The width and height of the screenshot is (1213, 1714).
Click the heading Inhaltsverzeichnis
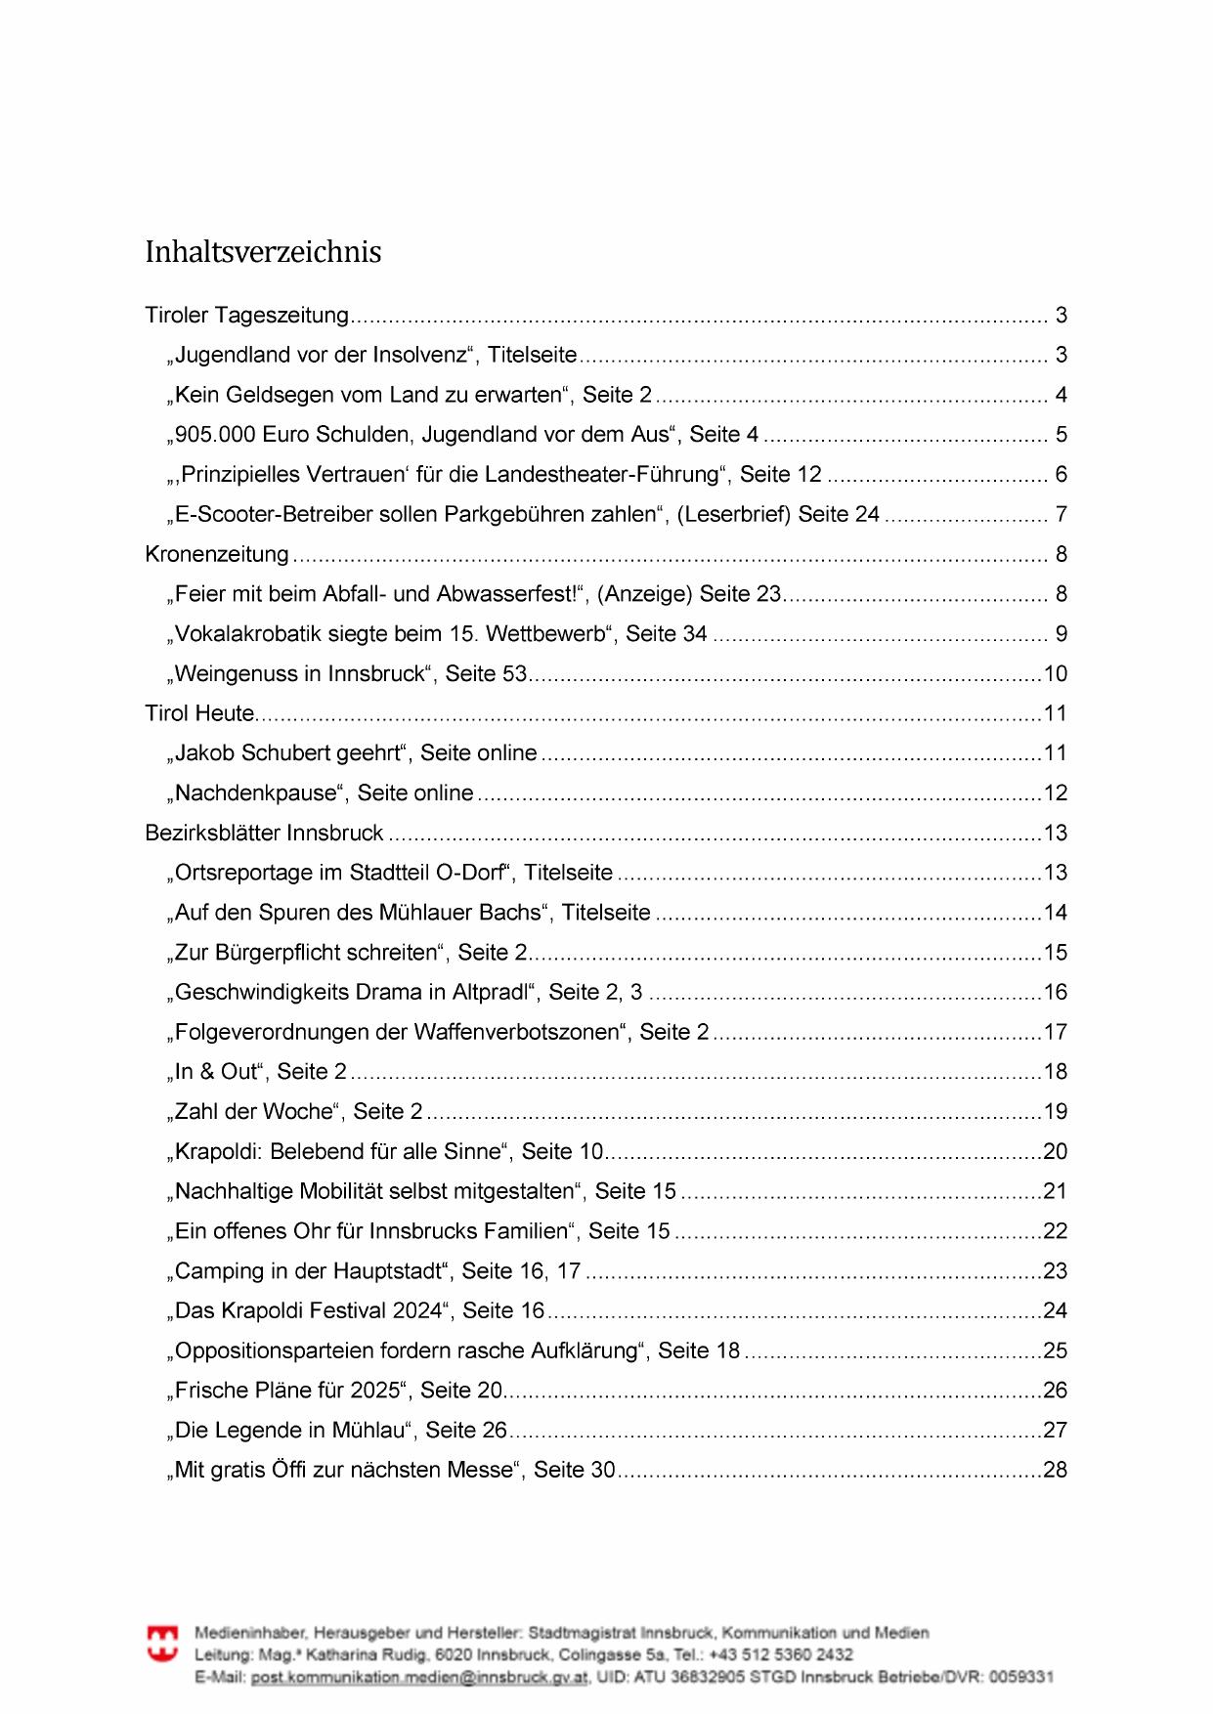tap(263, 252)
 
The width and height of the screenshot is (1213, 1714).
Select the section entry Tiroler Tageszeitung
tap(246, 316)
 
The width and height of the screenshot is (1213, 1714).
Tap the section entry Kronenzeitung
tap(217, 555)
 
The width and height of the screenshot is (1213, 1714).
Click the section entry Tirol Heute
tap(199, 714)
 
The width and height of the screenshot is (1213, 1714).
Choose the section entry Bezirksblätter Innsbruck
tap(264, 834)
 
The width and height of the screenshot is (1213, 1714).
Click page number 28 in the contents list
tap(1055, 1471)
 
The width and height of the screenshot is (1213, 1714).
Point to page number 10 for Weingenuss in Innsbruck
tap(1055, 674)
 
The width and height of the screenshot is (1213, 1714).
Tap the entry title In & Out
tap(217, 1072)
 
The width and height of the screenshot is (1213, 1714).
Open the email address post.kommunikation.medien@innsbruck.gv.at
tap(419, 1678)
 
